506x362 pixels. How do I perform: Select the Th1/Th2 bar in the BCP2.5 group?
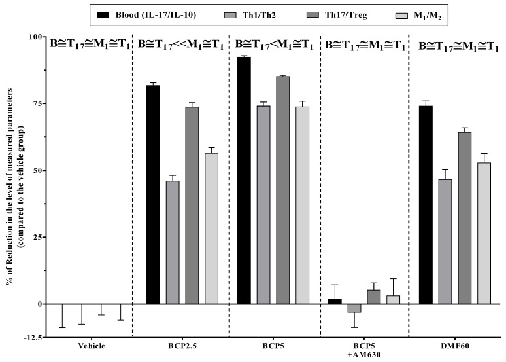pyautogui.click(x=173, y=242)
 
